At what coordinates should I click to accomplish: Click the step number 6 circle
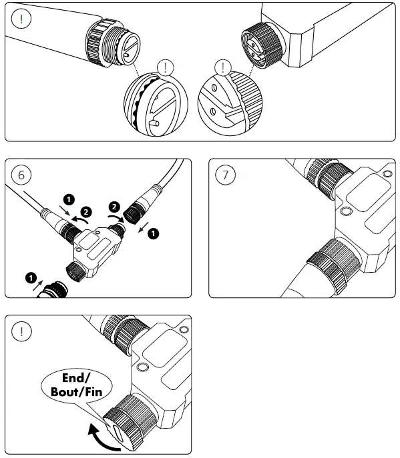(21, 175)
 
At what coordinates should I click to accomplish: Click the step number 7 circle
(225, 175)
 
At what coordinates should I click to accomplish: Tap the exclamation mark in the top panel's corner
(21, 19)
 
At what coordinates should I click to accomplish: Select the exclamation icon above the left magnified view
(166, 67)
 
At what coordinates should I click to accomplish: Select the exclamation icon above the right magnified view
(223, 67)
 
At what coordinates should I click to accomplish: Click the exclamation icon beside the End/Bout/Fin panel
(21, 331)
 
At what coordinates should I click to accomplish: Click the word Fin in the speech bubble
(93, 392)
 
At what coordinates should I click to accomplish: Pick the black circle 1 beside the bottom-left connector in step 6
(31, 278)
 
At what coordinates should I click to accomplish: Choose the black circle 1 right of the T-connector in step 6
(153, 234)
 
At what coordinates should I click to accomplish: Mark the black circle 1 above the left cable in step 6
(69, 199)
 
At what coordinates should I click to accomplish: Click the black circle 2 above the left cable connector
(86, 212)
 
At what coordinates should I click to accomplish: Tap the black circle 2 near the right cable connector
(114, 207)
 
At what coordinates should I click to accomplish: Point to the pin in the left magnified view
(154, 123)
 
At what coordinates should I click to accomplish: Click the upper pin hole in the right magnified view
(214, 87)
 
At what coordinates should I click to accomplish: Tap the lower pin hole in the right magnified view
(213, 111)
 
